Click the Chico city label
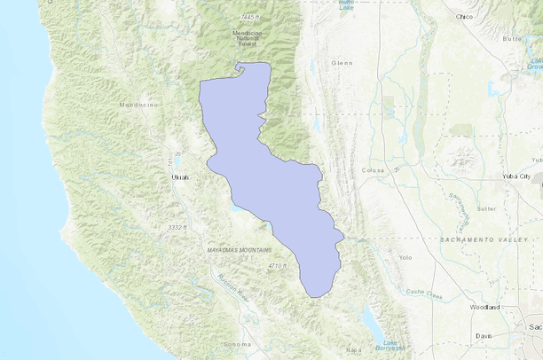pos(463,16)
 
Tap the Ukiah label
pos(179,177)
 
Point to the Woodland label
pos(484,307)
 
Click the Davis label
pos(484,336)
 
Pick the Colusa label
pos(371,170)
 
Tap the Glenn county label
pos(342,63)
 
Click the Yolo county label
pos(405,258)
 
